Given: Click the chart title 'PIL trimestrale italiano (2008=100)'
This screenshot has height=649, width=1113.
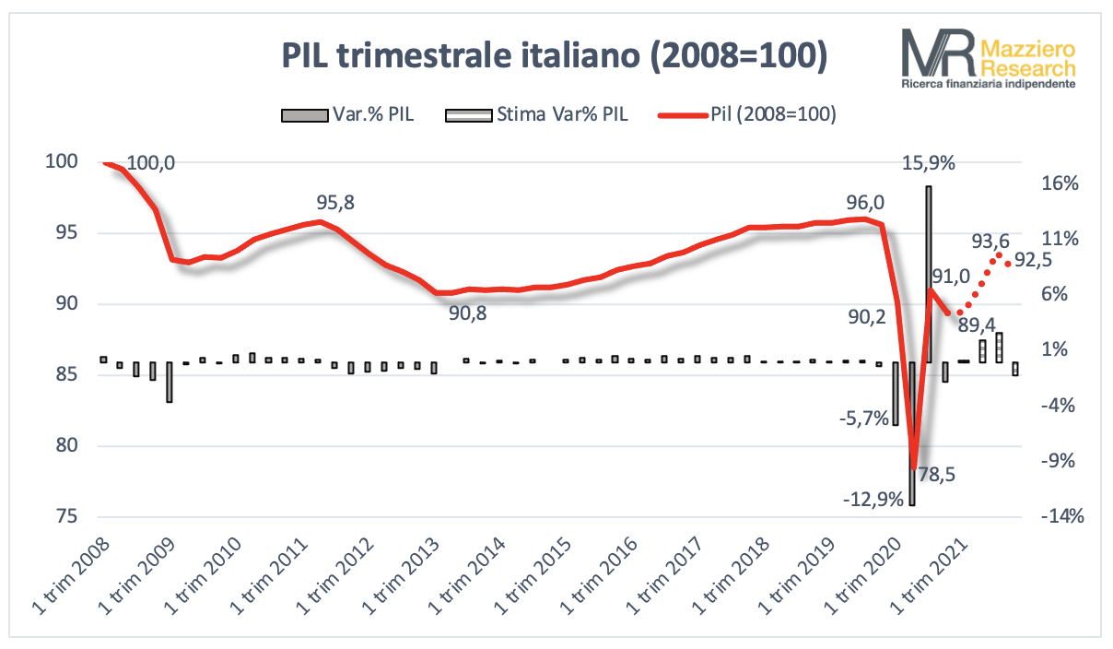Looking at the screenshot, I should [x=554, y=56].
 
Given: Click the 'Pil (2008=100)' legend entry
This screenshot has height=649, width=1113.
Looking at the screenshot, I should [x=747, y=115].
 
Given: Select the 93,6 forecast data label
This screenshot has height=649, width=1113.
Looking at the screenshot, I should [x=991, y=242].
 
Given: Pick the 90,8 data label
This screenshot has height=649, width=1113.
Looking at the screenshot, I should [x=468, y=313].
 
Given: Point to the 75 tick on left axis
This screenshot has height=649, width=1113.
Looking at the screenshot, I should [x=70, y=517].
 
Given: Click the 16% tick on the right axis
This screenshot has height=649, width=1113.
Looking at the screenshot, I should [x=1059, y=183].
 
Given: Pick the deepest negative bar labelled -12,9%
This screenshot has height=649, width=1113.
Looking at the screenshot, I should [x=911, y=433].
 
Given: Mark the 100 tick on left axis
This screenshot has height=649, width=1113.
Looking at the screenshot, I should [x=65, y=162].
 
